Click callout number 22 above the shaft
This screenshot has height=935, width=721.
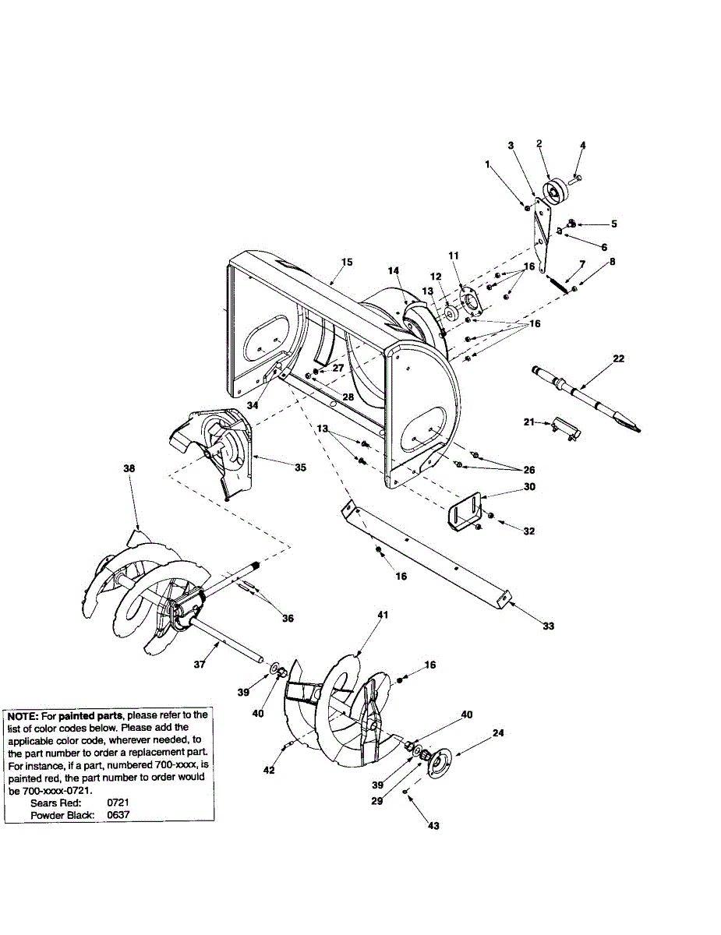[618, 358]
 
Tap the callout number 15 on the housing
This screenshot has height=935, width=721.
[346, 262]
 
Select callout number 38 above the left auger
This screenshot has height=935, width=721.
[129, 469]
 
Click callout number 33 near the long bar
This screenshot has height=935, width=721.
[549, 626]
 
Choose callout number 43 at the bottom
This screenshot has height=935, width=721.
[433, 825]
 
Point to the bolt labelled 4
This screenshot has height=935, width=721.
[578, 179]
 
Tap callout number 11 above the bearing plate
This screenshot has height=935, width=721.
[454, 255]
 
